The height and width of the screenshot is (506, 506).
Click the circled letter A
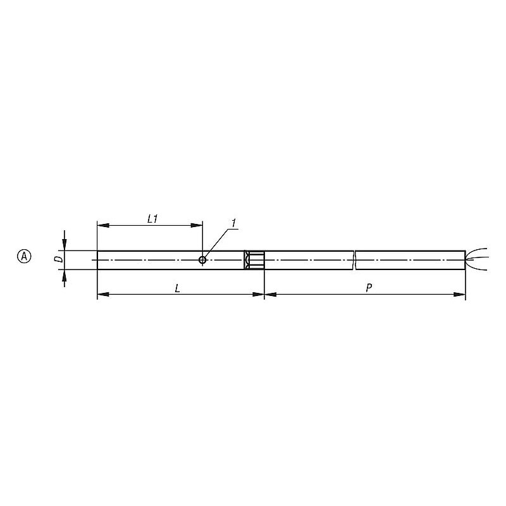(x=24, y=257)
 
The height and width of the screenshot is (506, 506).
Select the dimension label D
(x=59, y=259)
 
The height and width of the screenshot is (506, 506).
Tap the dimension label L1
(x=152, y=219)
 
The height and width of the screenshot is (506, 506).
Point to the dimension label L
(x=177, y=288)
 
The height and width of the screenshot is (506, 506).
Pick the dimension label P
(x=369, y=288)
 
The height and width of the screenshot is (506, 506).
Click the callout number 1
(x=233, y=223)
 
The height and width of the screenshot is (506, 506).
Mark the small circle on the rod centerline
(x=202, y=260)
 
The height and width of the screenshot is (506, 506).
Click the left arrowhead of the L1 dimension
(x=103, y=225)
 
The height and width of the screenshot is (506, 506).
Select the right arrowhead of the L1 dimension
(x=197, y=225)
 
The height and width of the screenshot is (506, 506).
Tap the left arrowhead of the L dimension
(x=103, y=294)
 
